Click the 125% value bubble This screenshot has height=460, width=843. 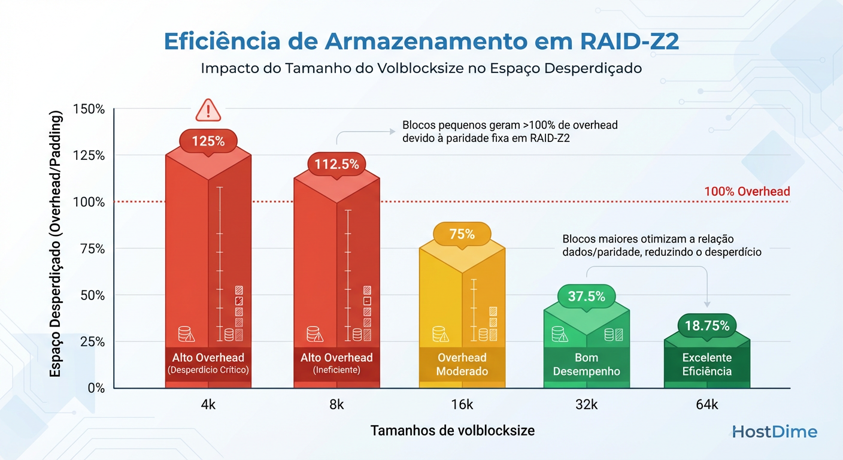208,141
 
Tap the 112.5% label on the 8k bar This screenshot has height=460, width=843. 337,164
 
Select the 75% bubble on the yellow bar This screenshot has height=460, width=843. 462,234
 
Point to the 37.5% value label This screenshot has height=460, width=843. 586,296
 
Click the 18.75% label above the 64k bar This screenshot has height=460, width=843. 707,326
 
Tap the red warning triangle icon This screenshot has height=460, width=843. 208,110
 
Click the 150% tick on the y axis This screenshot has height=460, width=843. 88,109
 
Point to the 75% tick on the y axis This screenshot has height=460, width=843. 91,249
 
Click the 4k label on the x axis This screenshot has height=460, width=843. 208,405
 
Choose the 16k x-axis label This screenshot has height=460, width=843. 462,405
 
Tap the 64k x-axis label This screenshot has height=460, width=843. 707,405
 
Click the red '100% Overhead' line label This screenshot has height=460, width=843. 747,192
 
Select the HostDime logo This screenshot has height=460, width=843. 774,431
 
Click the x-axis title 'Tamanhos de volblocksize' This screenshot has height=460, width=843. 452,430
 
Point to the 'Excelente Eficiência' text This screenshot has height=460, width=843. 707,364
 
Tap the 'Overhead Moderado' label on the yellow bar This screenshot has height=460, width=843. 462,364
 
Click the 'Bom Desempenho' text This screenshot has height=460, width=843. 586,364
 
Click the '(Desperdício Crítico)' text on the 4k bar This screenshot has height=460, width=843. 208,370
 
